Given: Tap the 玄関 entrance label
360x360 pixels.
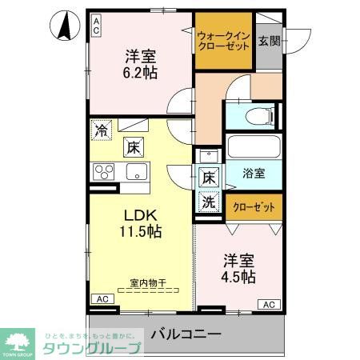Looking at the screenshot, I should click(269, 41).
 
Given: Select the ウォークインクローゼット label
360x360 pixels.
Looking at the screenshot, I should click(223, 41).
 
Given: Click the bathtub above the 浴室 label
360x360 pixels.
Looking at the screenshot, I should click(254, 146).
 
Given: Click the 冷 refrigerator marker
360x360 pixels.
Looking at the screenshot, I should click(102, 128).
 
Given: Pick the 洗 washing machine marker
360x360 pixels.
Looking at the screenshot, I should click(208, 202).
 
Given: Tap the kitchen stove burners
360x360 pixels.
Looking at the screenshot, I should click(105, 172).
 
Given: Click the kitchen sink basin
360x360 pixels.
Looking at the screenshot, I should click(134, 171).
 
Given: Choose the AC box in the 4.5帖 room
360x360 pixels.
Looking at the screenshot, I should click(269, 304).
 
